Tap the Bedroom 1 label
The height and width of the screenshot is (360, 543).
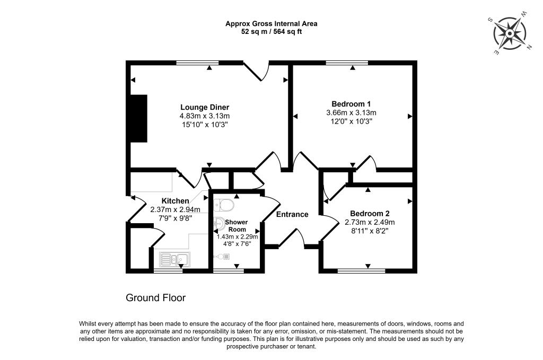click(x=351, y=104)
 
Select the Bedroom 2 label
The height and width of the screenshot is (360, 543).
click(x=370, y=213)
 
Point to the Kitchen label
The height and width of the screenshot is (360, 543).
click(x=175, y=201)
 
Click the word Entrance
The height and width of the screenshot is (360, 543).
click(x=292, y=214)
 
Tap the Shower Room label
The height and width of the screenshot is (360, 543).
click(x=237, y=225)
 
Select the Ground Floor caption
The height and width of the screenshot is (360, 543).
click(x=155, y=298)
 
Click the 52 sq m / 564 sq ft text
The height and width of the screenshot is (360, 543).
click(x=271, y=31)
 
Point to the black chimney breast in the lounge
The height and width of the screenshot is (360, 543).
click(x=139, y=118)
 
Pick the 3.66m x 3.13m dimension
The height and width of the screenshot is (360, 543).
click(x=351, y=112)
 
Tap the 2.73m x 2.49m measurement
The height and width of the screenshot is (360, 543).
click(x=370, y=222)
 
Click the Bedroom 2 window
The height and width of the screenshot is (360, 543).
click(x=361, y=271)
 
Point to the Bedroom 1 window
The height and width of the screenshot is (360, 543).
click(x=347, y=63)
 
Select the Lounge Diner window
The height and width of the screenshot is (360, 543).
click(x=197, y=63)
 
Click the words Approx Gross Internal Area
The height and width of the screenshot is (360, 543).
click(x=271, y=23)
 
